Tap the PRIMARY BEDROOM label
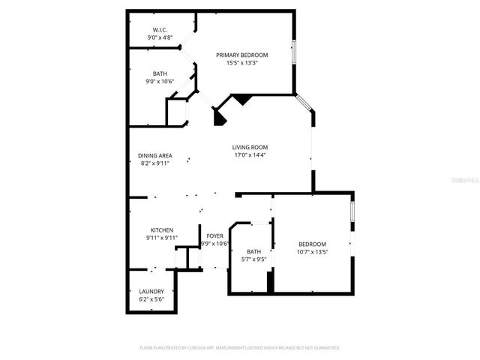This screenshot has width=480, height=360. pyautogui.click(x=241, y=55)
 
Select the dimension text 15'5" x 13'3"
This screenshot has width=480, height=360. pyautogui.click(x=241, y=63)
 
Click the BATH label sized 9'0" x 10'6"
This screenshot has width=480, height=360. pyautogui.click(x=160, y=73)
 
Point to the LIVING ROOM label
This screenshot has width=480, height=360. pyautogui.click(x=250, y=147)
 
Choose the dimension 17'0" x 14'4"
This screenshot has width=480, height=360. pyautogui.click(x=250, y=155)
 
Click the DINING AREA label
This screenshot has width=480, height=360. pyautogui.click(x=154, y=155)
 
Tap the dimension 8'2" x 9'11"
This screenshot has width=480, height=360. pyautogui.click(x=154, y=163)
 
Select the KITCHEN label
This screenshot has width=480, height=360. pyautogui.click(x=162, y=229)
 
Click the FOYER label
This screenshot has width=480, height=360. pyautogui.click(x=215, y=235)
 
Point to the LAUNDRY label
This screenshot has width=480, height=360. pyautogui.click(x=151, y=291)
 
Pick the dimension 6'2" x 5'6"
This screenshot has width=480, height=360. pyautogui.click(x=151, y=299)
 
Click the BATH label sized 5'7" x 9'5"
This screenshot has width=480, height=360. pyautogui.click(x=253, y=251)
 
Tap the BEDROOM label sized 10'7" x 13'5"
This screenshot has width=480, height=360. pyautogui.click(x=312, y=244)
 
